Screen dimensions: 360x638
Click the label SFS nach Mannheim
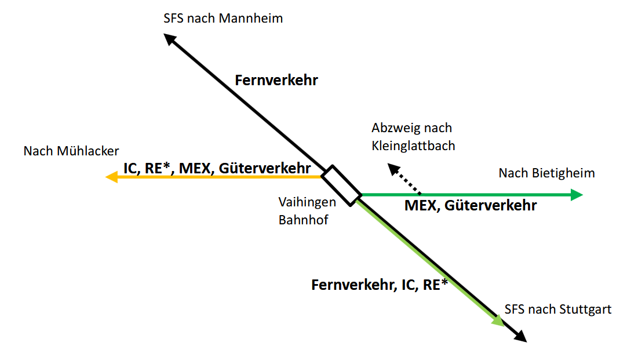(x=223, y=19)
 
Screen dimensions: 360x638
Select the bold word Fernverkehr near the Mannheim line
(x=276, y=80)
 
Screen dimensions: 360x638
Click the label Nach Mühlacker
(x=71, y=151)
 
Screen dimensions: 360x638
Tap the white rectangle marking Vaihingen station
(x=341, y=186)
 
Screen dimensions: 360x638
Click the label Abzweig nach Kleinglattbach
(x=413, y=136)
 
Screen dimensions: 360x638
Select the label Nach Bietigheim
(x=546, y=173)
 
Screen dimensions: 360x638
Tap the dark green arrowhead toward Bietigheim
(x=576, y=195)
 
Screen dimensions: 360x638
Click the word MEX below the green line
(x=421, y=205)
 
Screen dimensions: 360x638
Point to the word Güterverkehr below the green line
(x=491, y=205)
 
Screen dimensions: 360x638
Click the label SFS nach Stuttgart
(x=558, y=309)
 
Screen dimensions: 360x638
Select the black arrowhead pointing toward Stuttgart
(x=520, y=336)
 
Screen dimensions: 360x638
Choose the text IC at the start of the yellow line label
(x=130, y=168)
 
